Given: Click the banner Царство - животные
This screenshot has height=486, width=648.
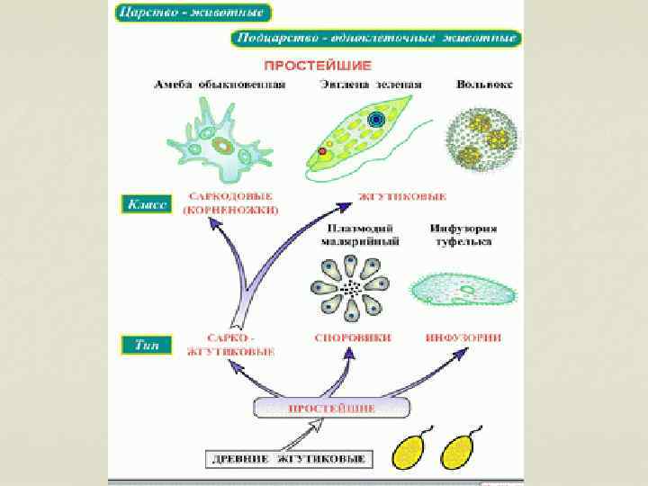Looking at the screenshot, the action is tap(193, 14).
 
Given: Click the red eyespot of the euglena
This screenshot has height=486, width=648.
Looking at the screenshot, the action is tap(321, 150).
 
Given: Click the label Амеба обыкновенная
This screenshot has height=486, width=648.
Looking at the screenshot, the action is tap(219, 85).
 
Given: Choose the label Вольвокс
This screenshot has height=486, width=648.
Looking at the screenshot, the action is tap(483, 85).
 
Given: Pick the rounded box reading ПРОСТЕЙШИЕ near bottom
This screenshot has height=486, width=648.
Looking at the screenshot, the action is tap(331, 409).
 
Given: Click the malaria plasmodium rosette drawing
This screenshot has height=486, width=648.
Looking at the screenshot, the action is tap(351, 288).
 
